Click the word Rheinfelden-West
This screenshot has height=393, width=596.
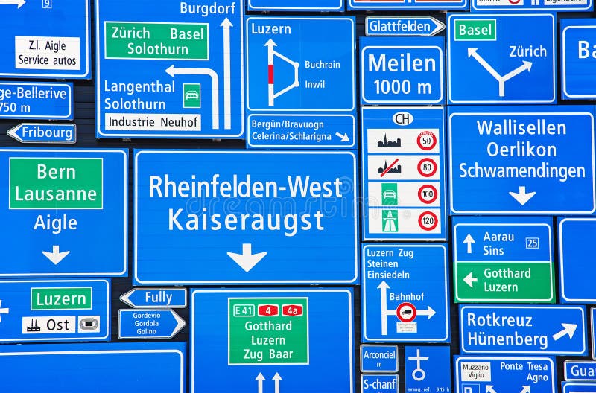(x=245, y=186)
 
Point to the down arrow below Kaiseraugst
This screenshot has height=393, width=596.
(x=247, y=258)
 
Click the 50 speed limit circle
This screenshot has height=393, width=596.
(x=427, y=141)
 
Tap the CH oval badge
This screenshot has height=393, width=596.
(x=403, y=118)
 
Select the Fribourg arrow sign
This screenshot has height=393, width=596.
(x=42, y=133)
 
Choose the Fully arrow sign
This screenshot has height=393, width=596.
(x=154, y=298)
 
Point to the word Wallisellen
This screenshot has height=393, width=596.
(x=521, y=127)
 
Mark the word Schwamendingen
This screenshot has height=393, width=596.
(x=521, y=170)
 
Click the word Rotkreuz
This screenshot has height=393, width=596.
(x=499, y=321)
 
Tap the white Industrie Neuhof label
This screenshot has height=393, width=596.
(x=153, y=121)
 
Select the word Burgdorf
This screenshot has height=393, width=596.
(x=208, y=8)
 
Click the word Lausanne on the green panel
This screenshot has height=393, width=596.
(x=56, y=194)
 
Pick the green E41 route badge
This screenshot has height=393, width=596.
(x=243, y=310)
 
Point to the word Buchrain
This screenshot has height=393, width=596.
(x=322, y=65)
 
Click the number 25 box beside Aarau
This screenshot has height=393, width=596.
(x=532, y=243)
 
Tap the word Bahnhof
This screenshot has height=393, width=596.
(x=406, y=295)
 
